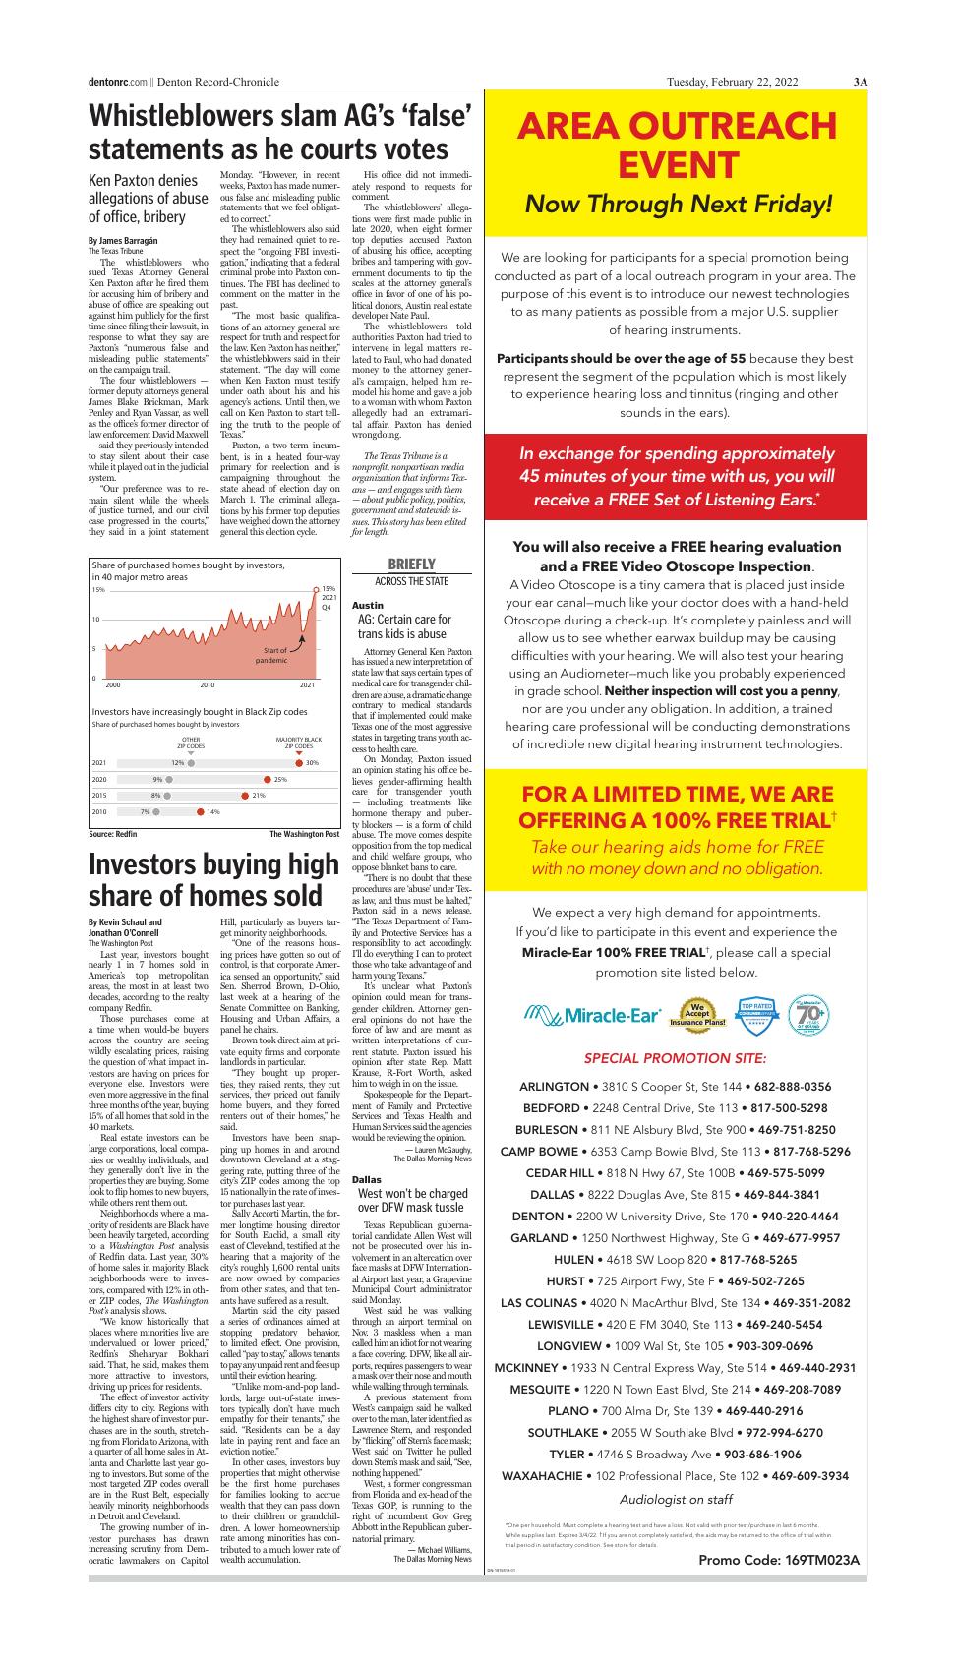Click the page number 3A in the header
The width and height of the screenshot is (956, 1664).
coord(860,83)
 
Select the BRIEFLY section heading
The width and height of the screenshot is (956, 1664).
coord(411,564)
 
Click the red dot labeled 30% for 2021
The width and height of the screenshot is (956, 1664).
coord(299,762)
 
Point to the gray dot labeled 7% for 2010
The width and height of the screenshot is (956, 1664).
coord(156,811)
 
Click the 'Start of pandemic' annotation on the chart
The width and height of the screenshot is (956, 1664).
coord(271,655)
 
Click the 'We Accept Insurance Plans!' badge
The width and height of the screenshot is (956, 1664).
coord(697,1015)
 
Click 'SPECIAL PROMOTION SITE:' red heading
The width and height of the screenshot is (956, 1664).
coord(675,1059)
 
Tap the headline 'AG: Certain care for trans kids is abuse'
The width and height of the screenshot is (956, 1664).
coord(403,626)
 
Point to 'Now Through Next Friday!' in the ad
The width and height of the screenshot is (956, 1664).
coord(679,204)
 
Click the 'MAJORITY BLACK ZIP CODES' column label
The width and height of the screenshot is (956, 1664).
coord(299,743)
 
